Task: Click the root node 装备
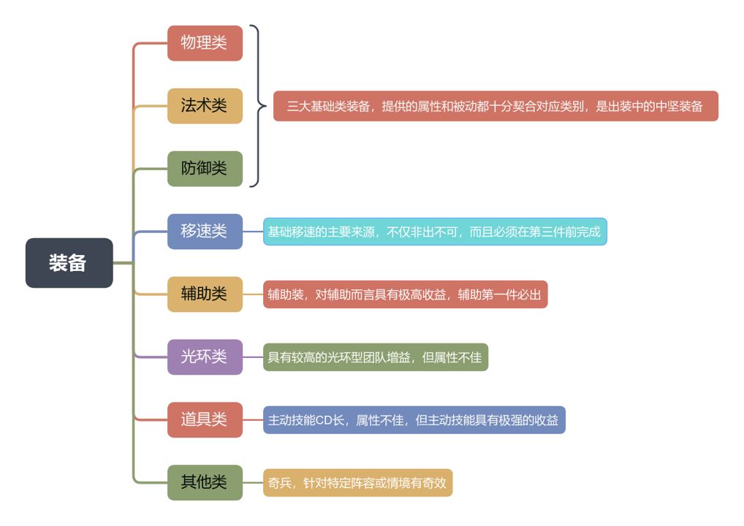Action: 69,263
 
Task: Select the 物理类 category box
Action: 205,43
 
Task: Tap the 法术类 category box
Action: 205,106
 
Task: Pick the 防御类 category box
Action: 205,169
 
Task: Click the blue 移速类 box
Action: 205,232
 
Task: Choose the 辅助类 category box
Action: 205,294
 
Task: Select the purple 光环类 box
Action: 205,357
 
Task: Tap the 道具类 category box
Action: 205,420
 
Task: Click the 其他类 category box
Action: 205,483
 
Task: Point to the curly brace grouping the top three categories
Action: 257,106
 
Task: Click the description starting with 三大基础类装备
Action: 496,106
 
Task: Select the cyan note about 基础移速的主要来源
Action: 435,232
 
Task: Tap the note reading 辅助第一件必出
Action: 405,294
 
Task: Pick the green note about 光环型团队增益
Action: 375,357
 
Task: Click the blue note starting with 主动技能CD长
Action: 414,420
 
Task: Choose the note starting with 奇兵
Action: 357,483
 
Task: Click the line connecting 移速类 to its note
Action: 253,232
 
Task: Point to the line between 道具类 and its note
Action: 253,420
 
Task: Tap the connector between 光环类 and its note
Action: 253,357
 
